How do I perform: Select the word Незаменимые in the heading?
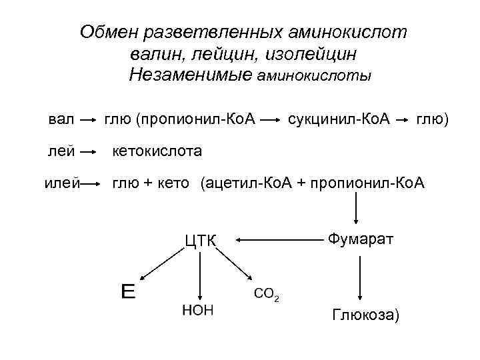[190, 75]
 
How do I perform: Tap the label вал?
[62, 120]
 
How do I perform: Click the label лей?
[61, 151]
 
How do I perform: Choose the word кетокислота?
[157, 151]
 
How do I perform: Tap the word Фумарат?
[360, 238]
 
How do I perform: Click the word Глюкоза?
[365, 315]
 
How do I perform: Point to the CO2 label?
[266, 294]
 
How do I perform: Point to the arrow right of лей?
[87, 152]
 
